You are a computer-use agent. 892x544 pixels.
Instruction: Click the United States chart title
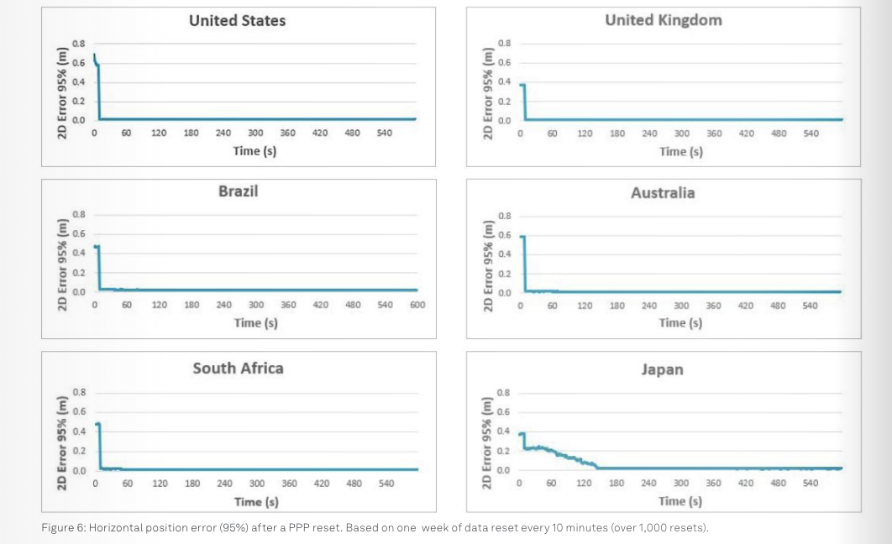237,21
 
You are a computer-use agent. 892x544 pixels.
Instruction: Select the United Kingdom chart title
663,20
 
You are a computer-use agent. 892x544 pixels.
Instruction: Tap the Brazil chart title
238,191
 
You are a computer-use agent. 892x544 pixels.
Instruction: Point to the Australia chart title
663,193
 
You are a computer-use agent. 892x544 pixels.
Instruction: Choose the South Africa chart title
238,368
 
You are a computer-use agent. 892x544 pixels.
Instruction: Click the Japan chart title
662,369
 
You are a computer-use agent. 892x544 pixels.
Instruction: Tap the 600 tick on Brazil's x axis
417,306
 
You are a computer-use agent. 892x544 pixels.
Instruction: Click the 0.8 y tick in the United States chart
78,43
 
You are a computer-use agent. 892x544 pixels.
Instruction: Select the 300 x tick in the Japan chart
681,483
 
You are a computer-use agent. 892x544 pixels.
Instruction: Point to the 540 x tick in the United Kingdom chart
811,133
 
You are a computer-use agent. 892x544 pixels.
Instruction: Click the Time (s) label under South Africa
256,502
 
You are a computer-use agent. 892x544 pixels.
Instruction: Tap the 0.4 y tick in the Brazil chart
78,253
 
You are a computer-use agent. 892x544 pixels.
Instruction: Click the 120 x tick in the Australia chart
585,306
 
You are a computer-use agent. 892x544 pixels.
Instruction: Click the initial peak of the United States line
94,55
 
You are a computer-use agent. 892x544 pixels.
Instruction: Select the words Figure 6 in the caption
63,527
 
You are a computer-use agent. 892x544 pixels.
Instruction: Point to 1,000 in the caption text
657,527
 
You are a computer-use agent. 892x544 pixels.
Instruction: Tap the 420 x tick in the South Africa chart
322,484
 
